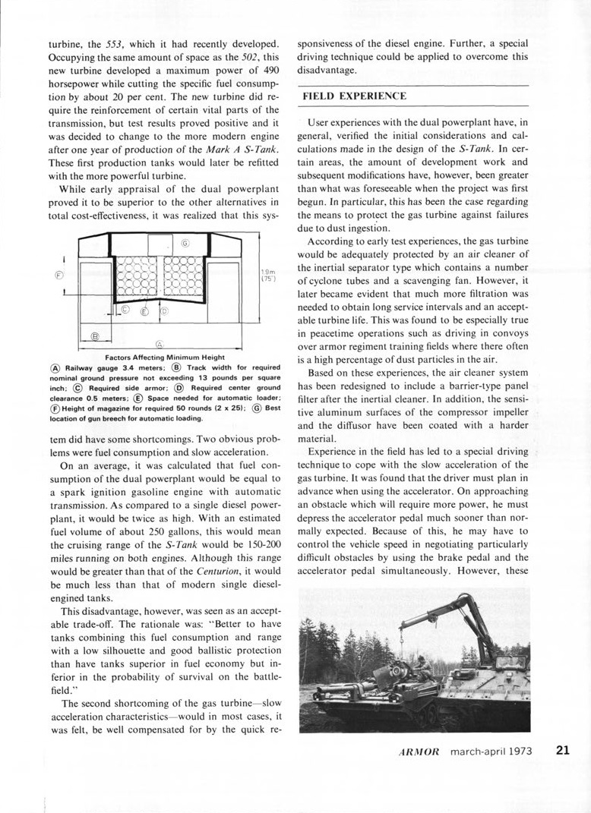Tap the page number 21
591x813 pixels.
(562, 751)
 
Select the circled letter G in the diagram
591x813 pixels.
(185, 244)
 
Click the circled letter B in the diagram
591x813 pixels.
(95, 336)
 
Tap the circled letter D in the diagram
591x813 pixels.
(163, 310)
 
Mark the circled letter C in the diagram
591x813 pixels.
(125, 309)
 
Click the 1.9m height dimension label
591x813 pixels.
(267, 276)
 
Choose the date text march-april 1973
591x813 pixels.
(498, 752)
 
